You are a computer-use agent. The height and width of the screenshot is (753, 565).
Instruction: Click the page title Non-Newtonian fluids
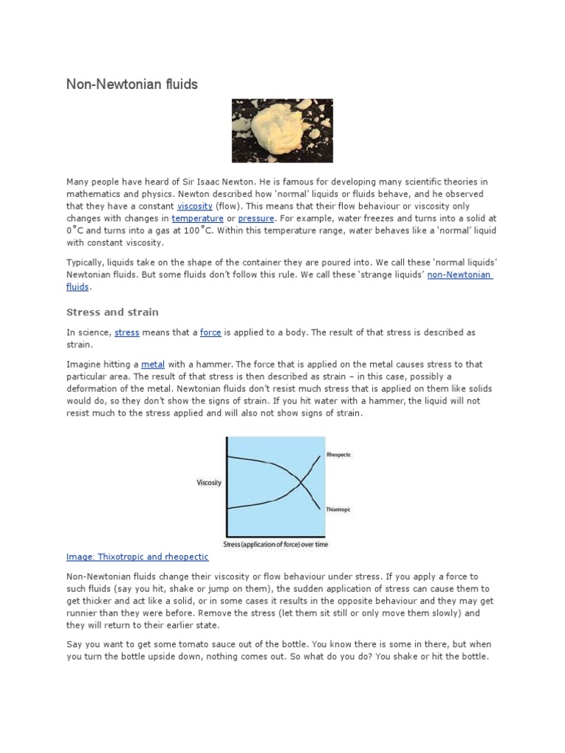(132, 85)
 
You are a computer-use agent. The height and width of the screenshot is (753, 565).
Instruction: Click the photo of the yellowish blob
(282, 131)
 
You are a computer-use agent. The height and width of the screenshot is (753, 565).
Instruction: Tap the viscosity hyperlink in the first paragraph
(195, 207)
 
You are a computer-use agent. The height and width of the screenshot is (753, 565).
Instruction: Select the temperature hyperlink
(197, 218)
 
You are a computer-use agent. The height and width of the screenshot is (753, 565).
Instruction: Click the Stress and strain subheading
(113, 312)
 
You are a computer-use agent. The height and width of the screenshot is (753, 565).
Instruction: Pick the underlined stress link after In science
(127, 332)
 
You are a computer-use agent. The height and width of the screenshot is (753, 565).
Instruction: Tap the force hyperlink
(210, 332)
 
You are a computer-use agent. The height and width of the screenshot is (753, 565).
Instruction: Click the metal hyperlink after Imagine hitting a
(152, 364)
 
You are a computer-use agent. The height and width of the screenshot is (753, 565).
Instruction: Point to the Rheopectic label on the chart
(338, 455)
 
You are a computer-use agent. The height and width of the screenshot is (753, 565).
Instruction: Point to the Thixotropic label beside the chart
(338, 509)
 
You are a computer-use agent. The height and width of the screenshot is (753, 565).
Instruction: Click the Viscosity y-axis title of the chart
(209, 482)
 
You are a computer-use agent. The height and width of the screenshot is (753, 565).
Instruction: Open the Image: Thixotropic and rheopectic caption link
(138, 557)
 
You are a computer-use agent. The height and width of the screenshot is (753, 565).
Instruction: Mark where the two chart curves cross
(299, 482)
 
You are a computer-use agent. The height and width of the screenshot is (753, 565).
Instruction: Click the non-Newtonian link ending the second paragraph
(460, 274)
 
